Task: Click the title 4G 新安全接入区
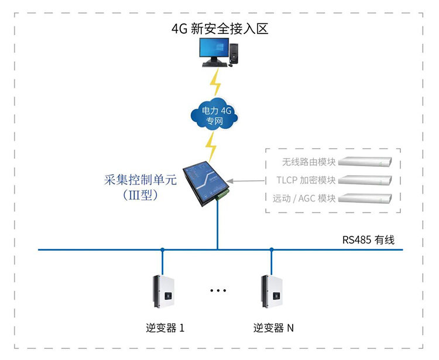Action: point(220,28)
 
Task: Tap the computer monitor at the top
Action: point(213,52)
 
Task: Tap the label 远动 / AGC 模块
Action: point(304,198)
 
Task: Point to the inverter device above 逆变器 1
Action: point(163,291)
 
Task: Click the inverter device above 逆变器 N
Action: point(272,291)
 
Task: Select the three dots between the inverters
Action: point(217,290)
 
